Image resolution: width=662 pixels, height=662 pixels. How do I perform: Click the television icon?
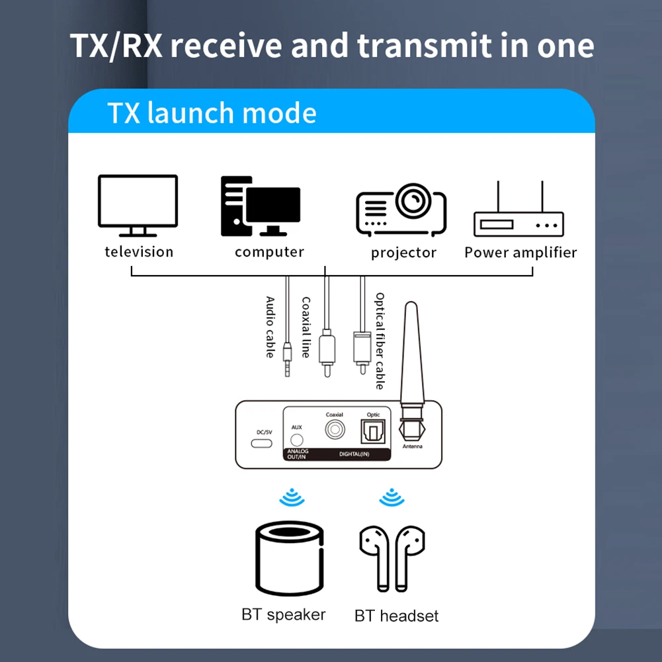click(138, 206)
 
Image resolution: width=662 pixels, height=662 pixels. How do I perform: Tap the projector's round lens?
click(413, 200)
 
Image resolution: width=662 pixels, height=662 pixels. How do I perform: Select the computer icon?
click(260, 206)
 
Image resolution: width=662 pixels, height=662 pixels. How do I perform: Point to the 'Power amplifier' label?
click(520, 252)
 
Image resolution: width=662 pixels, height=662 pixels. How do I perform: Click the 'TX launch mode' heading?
click(212, 112)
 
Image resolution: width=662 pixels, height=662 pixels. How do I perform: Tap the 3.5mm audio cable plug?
click(287, 359)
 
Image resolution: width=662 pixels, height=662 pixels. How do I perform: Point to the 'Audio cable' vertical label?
click(270, 327)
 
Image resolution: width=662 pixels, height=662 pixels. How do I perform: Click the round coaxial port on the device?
click(335, 430)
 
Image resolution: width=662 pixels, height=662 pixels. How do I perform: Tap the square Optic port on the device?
click(373, 431)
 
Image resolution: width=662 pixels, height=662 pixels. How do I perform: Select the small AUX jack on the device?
click(297, 440)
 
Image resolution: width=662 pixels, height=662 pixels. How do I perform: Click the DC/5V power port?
click(262, 443)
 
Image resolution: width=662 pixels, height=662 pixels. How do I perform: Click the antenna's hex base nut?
click(411, 429)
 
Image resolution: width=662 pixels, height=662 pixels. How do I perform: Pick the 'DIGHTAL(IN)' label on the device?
click(354, 454)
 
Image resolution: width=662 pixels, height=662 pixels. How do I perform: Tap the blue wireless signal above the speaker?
click(292, 497)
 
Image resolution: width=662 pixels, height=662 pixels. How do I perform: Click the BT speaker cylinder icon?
click(290, 558)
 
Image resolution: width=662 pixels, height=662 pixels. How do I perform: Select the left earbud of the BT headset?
click(376, 558)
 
